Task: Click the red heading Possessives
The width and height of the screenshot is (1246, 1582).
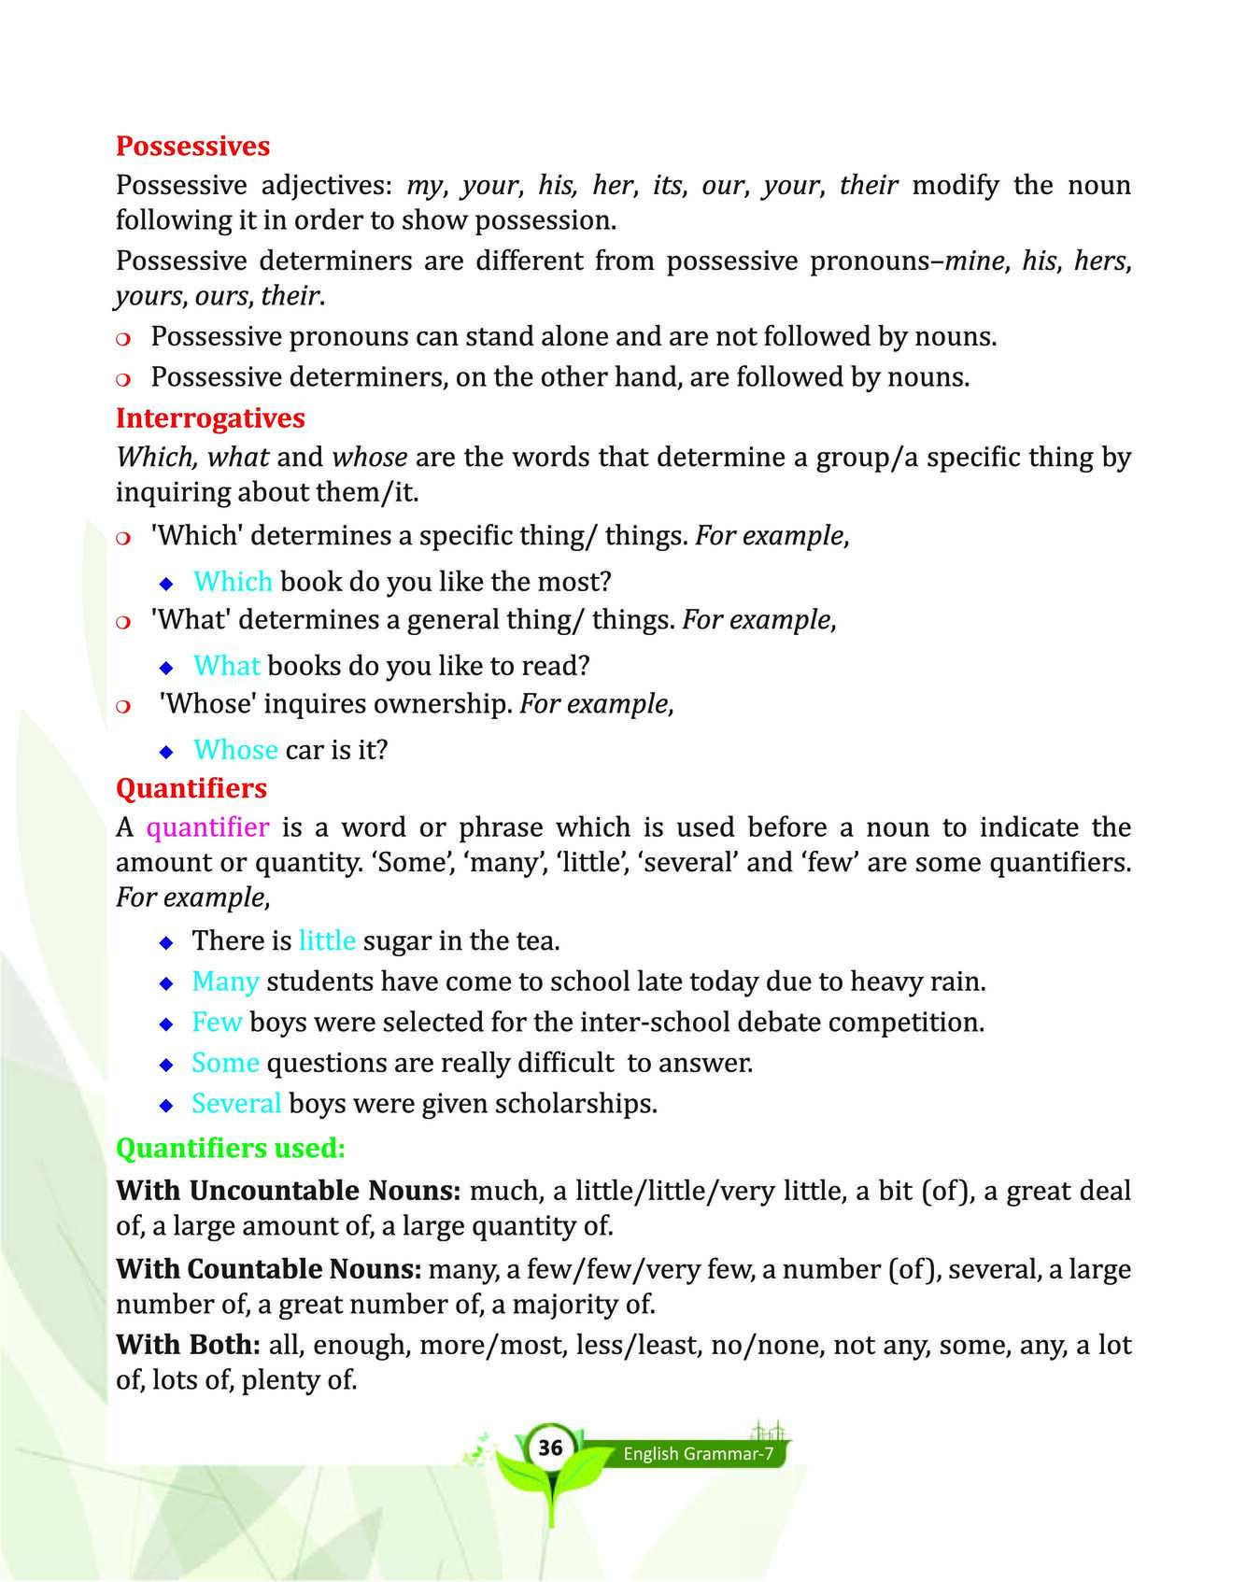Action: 192,146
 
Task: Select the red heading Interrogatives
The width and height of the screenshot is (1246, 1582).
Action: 210,417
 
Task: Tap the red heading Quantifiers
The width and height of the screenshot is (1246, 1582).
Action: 191,788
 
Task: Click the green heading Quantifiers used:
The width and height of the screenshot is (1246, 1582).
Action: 230,1148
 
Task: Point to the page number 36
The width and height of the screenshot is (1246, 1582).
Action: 550,1448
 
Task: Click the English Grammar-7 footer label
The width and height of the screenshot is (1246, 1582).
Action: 699,1454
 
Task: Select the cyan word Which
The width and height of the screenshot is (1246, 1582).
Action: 233,582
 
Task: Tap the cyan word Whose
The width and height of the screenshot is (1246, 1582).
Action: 235,750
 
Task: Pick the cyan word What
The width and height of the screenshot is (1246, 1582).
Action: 226,666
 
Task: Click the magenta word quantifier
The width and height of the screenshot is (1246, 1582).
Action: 208,827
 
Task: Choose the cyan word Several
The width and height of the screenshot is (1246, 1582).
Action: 235,1104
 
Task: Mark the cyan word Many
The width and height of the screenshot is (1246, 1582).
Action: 225,982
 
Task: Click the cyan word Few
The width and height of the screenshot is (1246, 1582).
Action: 217,1023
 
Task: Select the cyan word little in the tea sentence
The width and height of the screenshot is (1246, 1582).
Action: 327,940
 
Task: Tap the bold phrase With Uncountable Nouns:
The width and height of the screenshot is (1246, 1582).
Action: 289,1191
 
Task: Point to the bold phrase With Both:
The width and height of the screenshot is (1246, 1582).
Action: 188,1345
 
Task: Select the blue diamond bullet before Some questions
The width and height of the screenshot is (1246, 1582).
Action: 166,1065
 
